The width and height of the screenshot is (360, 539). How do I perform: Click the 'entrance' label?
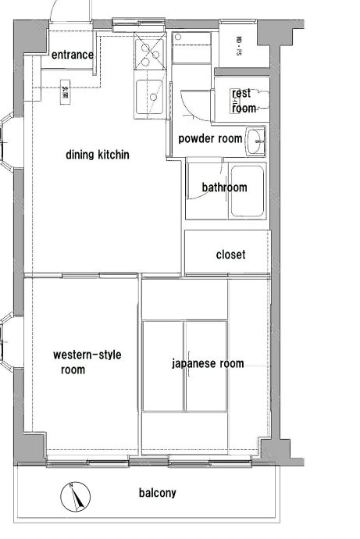tap(73, 55)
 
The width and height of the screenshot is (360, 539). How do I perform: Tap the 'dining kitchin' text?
tap(98, 155)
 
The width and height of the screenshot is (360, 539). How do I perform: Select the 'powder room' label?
tap(210, 138)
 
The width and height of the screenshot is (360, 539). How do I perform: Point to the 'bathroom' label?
tap(224, 187)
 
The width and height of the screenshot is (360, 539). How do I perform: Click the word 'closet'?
tap(230, 255)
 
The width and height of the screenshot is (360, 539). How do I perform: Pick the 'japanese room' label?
tap(208, 363)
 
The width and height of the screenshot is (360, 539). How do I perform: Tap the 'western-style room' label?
tap(87, 362)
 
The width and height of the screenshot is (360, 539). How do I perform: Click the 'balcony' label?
tap(157, 493)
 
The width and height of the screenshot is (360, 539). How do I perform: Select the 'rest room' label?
tap(242, 101)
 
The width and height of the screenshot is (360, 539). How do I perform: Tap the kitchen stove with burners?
tap(148, 54)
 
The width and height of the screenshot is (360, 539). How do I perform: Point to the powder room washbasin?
tap(256, 143)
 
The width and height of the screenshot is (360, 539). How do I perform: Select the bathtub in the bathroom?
tap(247, 192)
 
